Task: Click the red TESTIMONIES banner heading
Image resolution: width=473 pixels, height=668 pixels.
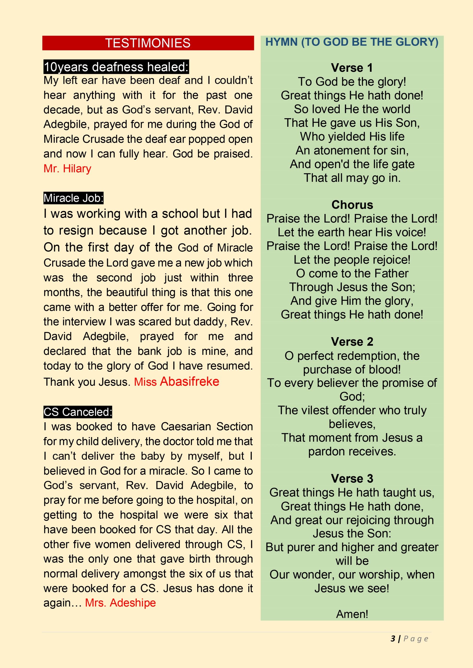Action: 148,43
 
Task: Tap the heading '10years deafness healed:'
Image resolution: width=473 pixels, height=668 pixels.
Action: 116,67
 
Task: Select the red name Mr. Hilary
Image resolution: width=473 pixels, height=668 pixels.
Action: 67,169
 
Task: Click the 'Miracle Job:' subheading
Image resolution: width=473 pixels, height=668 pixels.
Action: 73,198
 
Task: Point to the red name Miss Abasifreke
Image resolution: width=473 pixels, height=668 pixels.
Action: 177,381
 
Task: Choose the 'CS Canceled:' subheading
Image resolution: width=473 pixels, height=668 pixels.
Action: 78,412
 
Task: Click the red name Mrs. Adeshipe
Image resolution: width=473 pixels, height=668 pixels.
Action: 120,603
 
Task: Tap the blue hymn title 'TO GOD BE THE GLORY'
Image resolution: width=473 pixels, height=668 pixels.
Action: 352,42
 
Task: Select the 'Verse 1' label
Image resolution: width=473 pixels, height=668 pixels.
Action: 352,68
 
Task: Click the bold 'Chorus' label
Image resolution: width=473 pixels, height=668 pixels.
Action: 352,205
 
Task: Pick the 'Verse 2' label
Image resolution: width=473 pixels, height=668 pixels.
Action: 352,342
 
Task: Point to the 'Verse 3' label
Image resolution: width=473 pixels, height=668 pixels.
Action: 352,479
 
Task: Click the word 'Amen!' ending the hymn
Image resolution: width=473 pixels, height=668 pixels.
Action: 352,614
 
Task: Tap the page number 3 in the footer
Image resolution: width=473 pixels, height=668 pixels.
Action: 393,639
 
